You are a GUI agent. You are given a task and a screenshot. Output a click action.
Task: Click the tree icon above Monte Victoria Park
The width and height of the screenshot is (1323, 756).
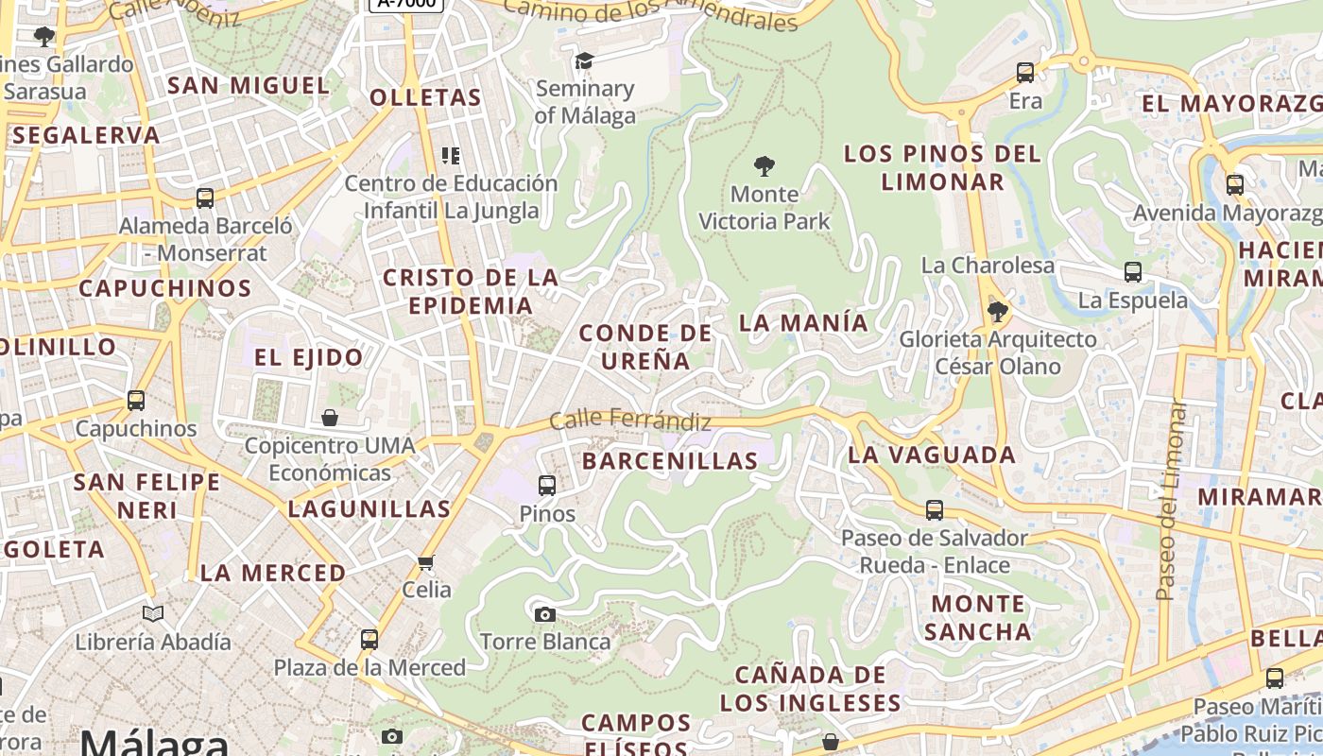point(765,167)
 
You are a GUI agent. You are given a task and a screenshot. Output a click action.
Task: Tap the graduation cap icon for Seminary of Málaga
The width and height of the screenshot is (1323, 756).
point(585,61)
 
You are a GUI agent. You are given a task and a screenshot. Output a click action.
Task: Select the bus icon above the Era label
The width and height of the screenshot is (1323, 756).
point(1025,73)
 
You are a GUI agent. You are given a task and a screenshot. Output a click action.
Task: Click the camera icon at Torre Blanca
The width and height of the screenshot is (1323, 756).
point(544,615)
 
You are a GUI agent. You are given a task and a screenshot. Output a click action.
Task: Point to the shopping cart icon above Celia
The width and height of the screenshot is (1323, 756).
point(426,563)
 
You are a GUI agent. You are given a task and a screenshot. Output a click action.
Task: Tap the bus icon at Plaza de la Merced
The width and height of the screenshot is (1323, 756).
point(369,640)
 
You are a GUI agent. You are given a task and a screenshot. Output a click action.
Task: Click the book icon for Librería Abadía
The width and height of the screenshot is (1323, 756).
point(153,614)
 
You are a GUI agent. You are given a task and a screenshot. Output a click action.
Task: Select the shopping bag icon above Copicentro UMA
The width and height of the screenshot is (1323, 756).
point(330,418)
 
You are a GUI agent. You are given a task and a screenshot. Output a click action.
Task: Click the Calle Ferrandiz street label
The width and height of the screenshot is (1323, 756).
point(629,419)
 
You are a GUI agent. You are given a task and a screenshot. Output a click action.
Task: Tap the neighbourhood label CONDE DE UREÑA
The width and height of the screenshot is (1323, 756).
point(645,346)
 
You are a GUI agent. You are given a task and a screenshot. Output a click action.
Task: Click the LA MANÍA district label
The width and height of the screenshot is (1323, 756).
point(803,322)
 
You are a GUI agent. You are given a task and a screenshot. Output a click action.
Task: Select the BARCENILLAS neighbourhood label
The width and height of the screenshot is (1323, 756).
point(670,461)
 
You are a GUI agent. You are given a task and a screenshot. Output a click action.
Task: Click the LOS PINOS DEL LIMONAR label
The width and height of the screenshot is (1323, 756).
point(942,167)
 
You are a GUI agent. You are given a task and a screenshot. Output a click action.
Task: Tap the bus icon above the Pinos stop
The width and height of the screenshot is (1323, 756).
point(547,487)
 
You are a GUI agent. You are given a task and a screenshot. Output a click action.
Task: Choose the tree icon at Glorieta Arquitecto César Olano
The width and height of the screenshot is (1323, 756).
point(997,312)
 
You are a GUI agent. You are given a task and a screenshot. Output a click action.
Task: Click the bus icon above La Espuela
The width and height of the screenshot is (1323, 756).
point(1133,273)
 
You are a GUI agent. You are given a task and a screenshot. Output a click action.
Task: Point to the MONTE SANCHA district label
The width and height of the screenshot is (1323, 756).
point(978,617)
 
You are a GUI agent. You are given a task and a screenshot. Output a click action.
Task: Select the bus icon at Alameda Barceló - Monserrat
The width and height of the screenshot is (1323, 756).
point(205,198)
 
